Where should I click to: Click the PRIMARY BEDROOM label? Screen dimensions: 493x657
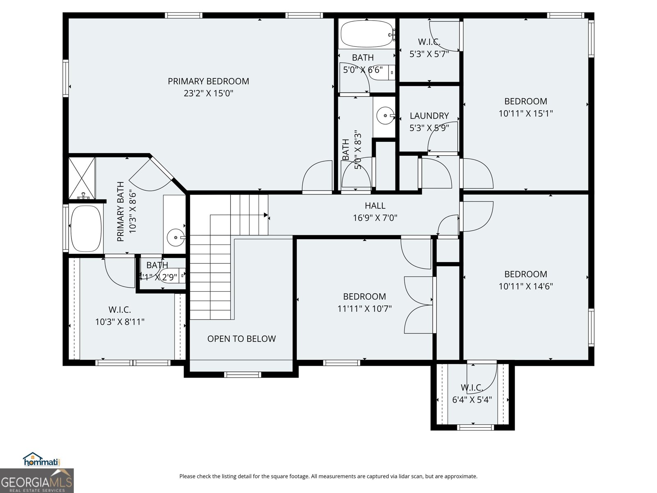tap(208, 81)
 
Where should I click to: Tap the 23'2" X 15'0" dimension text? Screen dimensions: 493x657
tap(208, 93)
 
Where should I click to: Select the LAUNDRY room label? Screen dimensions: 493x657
tap(429, 116)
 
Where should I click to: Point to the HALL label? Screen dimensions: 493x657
tap(375, 206)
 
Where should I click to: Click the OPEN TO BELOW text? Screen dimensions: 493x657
tap(241, 339)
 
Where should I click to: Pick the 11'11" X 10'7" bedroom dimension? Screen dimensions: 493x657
tap(364, 309)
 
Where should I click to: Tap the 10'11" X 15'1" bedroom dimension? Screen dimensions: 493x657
tap(526, 113)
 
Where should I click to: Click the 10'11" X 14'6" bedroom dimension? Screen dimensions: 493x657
tap(526, 286)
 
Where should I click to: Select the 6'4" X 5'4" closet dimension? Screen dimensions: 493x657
tap(472, 399)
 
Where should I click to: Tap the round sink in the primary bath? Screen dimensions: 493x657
tap(176, 237)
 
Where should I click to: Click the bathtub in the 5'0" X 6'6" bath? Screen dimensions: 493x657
tap(367, 34)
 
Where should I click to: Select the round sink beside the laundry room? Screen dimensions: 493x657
tap(385, 115)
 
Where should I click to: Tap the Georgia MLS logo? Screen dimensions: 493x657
tap(37, 481)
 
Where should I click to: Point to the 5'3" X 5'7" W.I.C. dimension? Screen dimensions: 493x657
tap(429, 54)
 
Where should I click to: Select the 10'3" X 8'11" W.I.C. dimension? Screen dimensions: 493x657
tap(120, 322)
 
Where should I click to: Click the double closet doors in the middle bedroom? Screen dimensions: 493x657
tap(419, 304)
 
